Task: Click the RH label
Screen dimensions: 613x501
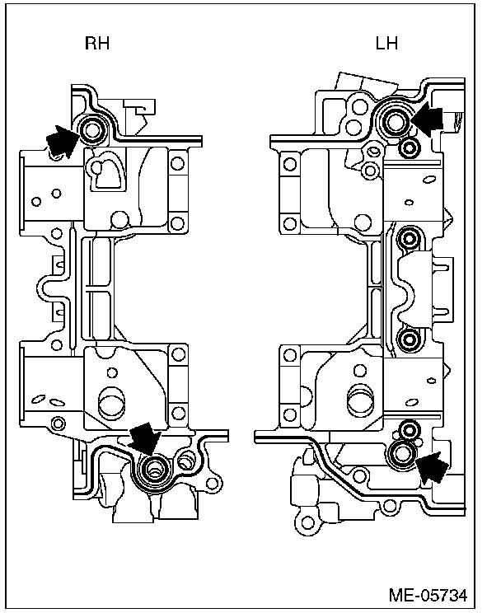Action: [x=97, y=44]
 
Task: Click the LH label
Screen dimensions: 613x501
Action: [x=386, y=44]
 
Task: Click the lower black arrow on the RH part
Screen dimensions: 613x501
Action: [x=143, y=440]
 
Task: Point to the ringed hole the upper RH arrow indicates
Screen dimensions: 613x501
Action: [x=91, y=129]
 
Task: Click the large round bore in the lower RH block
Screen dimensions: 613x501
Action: [x=110, y=405]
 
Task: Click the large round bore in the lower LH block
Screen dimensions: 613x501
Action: [x=360, y=401]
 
